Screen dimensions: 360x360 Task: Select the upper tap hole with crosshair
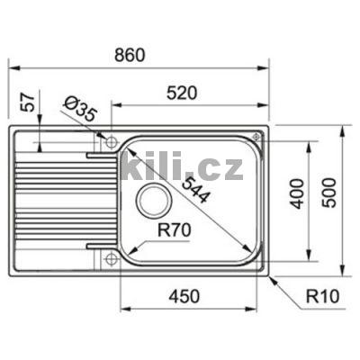click(110, 141)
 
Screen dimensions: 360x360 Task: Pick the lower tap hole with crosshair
click(110, 259)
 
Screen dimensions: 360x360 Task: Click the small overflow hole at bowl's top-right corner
click(257, 138)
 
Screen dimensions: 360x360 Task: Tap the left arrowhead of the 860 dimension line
click(10, 67)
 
